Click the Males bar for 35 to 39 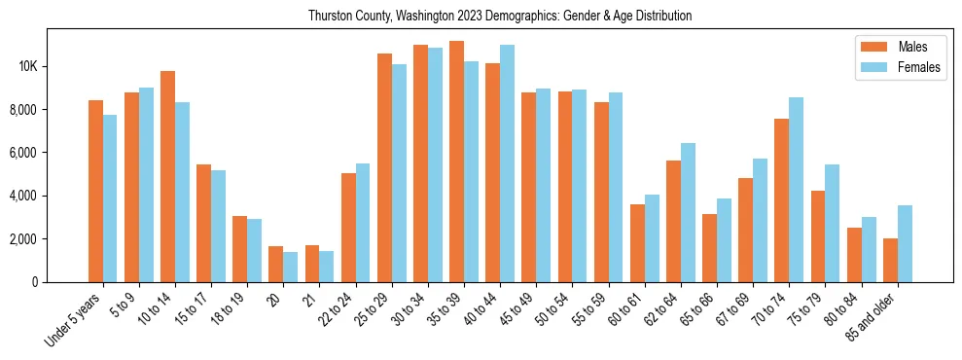coord(456,162)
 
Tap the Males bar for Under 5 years coord(95,191)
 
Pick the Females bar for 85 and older coord(905,243)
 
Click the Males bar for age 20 coord(276,264)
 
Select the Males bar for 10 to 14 coord(167,176)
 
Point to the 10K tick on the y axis coord(26,66)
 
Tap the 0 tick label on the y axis coord(34,282)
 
